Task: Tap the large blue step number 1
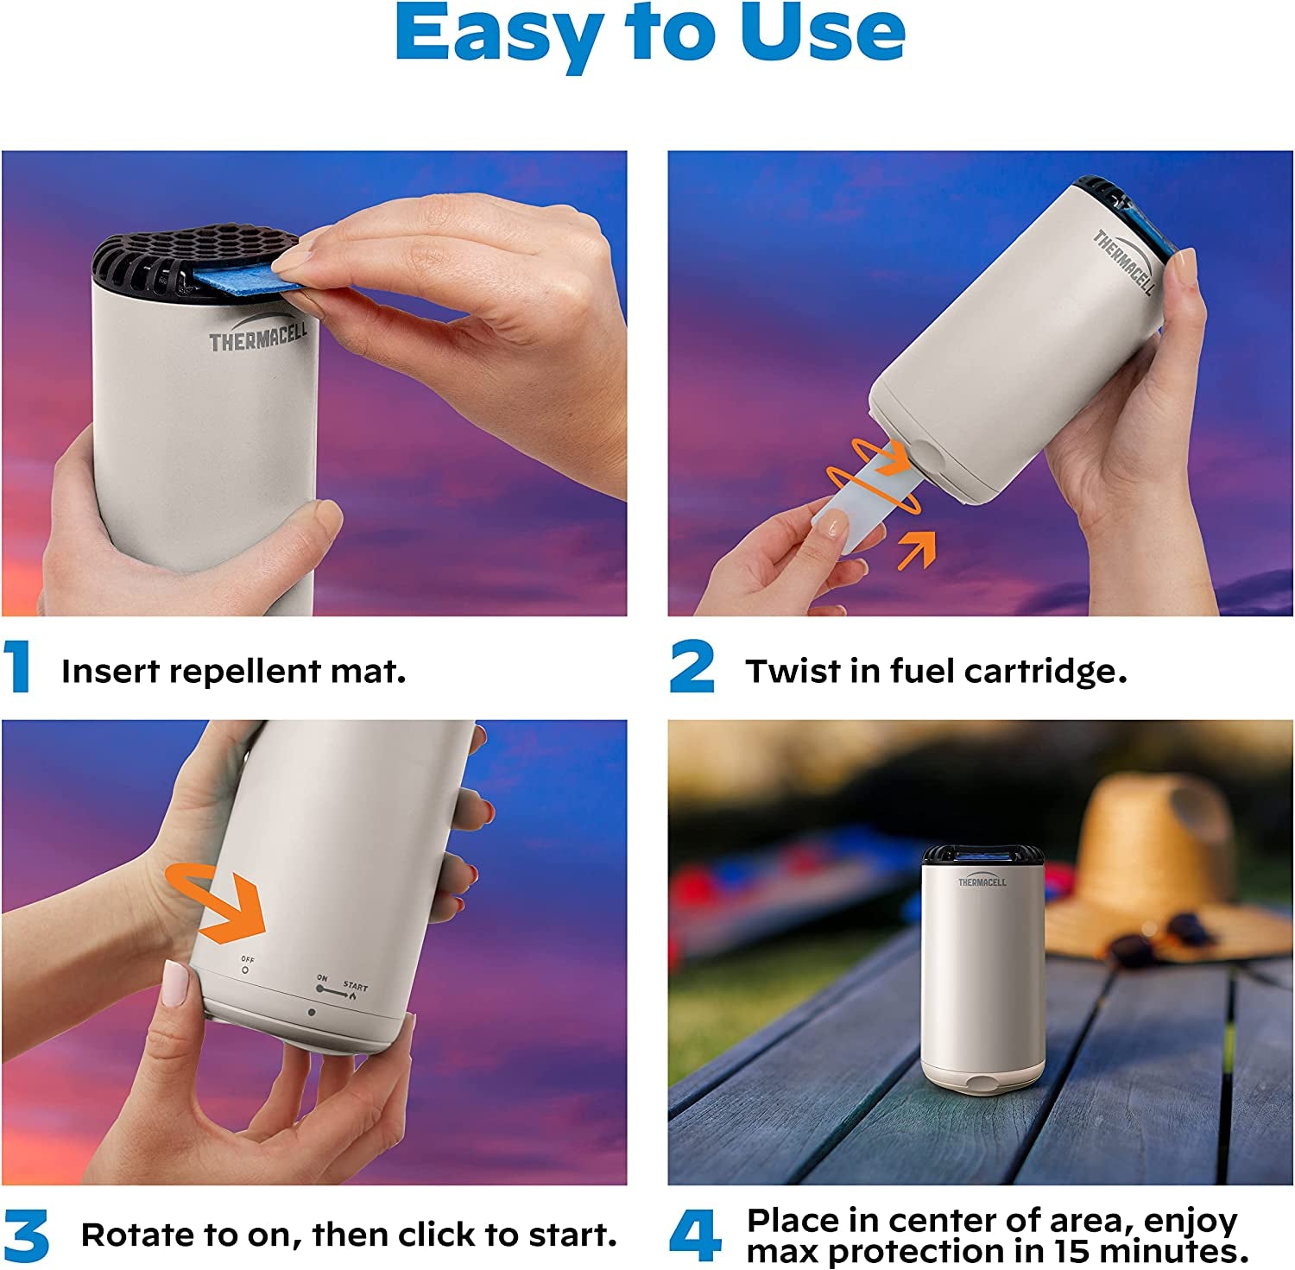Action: pyautogui.click(x=16, y=667)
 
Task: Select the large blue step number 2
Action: pyautogui.click(x=692, y=667)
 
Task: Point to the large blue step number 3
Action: pyautogui.click(x=26, y=1235)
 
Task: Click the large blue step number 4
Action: pyautogui.click(x=696, y=1235)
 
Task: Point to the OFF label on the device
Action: pyautogui.click(x=248, y=960)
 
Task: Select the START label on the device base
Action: pyautogui.click(x=355, y=986)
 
